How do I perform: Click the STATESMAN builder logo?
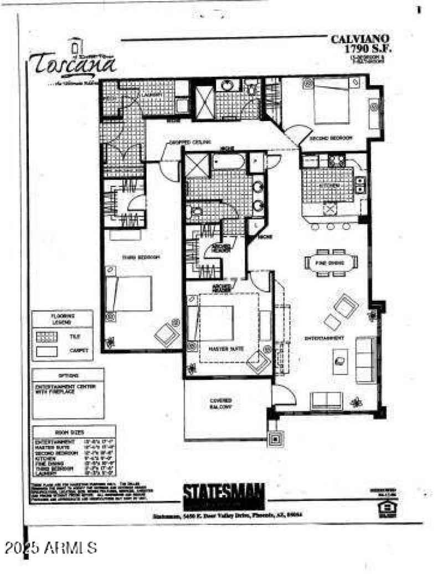click(x=224, y=492)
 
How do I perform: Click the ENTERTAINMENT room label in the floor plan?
click(x=326, y=338)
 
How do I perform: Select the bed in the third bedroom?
click(x=131, y=294)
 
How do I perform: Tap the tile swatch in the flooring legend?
click(x=48, y=336)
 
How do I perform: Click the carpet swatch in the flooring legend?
click(x=48, y=350)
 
